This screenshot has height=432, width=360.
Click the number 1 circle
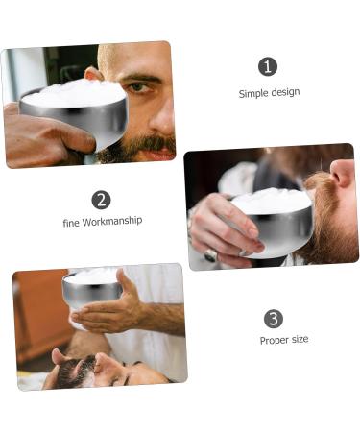[x=268, y=66]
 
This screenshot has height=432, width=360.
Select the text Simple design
[x=269, y=93]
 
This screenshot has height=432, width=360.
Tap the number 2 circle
[x=101, y=200]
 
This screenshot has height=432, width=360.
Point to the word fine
[x=70, y=221]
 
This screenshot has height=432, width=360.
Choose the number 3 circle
[x=274, y=319]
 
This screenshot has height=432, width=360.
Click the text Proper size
[x=284, y=340]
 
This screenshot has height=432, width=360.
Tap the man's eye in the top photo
[x=141, y=86]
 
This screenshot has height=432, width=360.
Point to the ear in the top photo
[x=92, y=74]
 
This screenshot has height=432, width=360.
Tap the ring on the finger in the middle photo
[x=210, y=255]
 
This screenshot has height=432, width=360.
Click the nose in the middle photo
[x=343, y=176]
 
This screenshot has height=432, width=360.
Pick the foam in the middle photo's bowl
[x=271, y=202]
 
